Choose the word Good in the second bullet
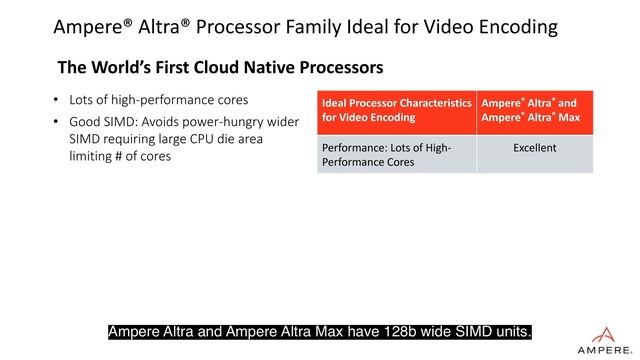(x=85, y=123)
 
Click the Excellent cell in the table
(x=534, y=148)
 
